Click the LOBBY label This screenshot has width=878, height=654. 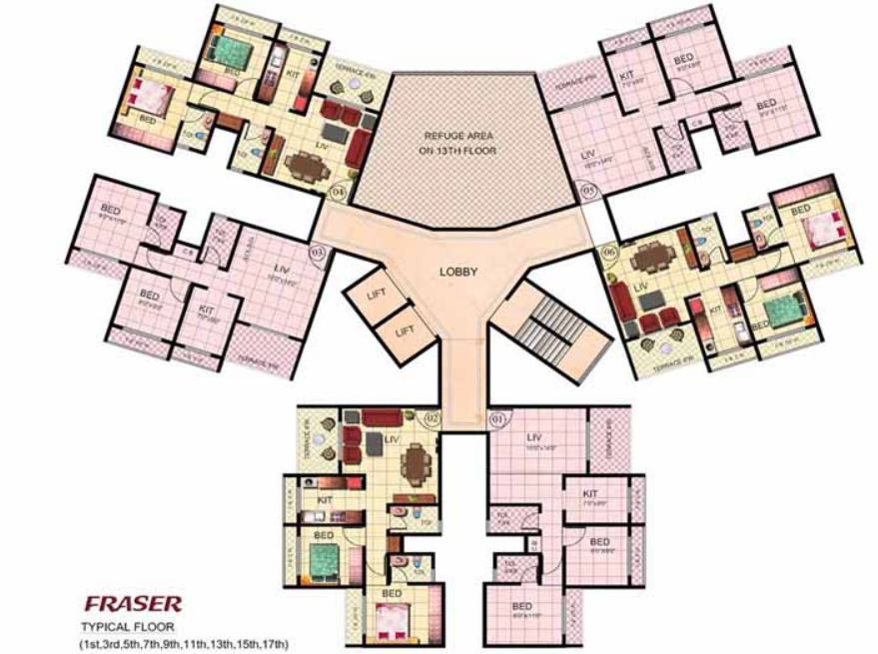click(x=458, y=272)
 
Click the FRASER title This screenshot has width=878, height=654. click(x=132, y=604)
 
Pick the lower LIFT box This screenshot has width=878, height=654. click(x=406, y=330)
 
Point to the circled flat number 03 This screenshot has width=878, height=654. click(x=318, y=253)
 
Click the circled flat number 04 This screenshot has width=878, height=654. click(x=339, y=190)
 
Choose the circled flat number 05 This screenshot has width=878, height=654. click(x=588, y=189)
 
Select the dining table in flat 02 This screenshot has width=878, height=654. click(x=413, y=461)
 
